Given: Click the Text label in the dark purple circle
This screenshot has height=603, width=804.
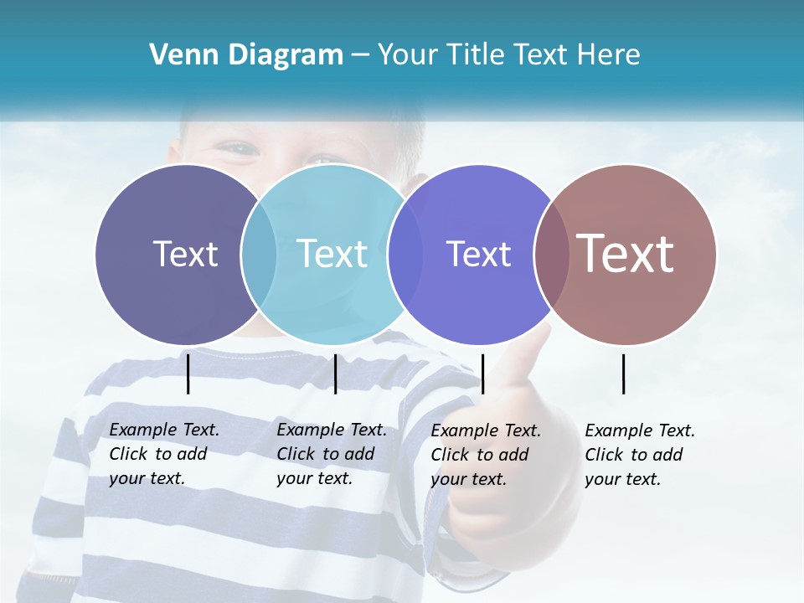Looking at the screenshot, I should coord(185,254).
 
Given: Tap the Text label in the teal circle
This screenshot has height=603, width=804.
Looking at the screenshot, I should coord(332,254).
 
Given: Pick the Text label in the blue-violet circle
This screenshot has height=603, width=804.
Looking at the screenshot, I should coord(478,254).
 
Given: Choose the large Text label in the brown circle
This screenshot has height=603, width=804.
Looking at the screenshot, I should coord(626,254).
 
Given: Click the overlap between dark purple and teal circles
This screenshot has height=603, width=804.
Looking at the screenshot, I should coord(259,254).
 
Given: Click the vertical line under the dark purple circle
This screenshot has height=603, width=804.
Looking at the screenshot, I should coord(188,374).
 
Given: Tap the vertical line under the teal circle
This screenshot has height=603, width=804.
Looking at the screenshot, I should coord(335,374).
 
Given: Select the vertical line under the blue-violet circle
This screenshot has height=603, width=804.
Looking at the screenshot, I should coord(482,374).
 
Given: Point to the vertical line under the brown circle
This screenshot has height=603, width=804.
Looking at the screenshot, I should coord(623,374).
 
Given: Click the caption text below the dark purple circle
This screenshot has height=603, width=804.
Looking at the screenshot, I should coord(163,454).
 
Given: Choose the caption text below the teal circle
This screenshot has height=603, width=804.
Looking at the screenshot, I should coord(331,454).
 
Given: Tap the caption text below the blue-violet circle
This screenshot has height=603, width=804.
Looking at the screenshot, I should coord(485,455).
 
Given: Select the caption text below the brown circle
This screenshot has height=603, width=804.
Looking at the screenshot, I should coord(639,455).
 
